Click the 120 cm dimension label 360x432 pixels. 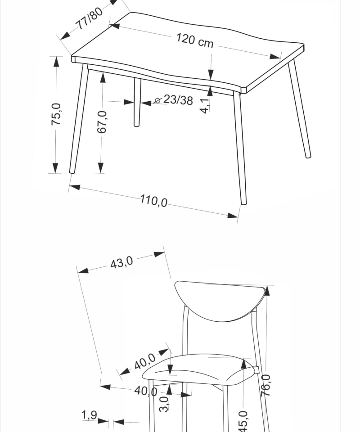click(195, 41)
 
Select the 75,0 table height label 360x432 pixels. click(56, 114)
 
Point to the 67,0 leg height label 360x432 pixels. click(102, 122)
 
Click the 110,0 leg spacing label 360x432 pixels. click(154, 200)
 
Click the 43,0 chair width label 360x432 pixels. click(121, 262)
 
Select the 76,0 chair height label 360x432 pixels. click(266, 385)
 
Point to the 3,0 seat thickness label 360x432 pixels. click(164, 404)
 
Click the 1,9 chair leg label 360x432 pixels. click(90, 415)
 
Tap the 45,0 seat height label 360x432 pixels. click(243, 422)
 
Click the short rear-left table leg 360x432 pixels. click(137, 102)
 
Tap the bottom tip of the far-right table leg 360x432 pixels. click(309, 157)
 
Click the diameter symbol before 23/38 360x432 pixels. click(157, 100)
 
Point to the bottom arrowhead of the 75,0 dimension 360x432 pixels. click(55, 168)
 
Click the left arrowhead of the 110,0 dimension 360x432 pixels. click(75, 187)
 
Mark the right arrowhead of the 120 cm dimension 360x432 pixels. click(275, 56)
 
